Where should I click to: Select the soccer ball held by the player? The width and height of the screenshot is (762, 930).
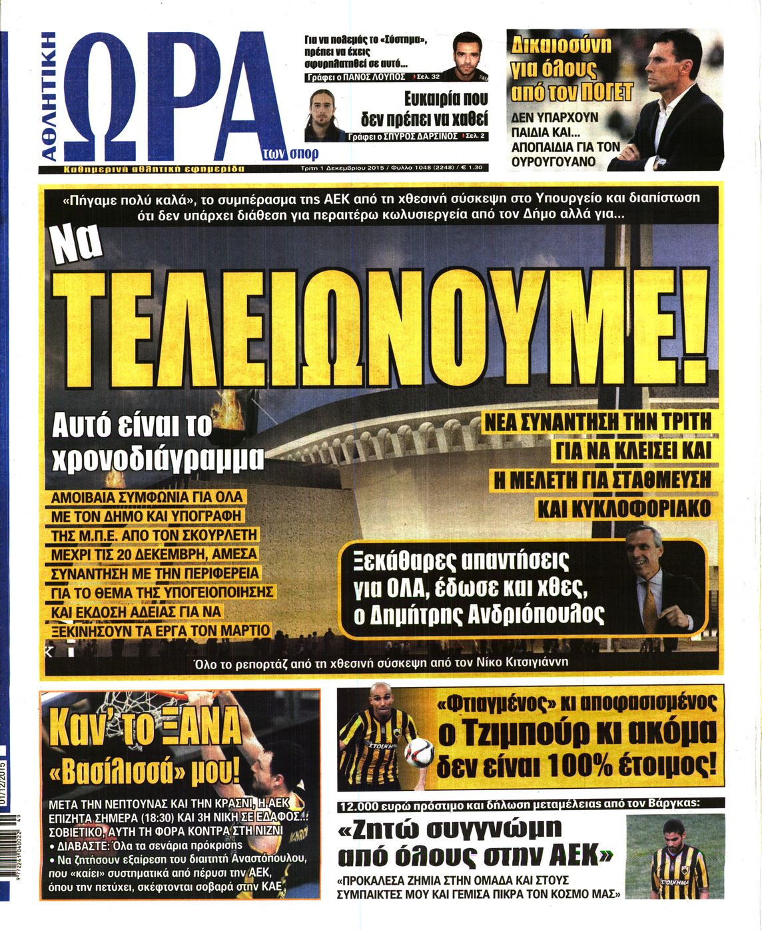click(x=418, y=751)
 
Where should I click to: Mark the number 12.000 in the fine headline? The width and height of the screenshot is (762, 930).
click(x=362, y=804)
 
